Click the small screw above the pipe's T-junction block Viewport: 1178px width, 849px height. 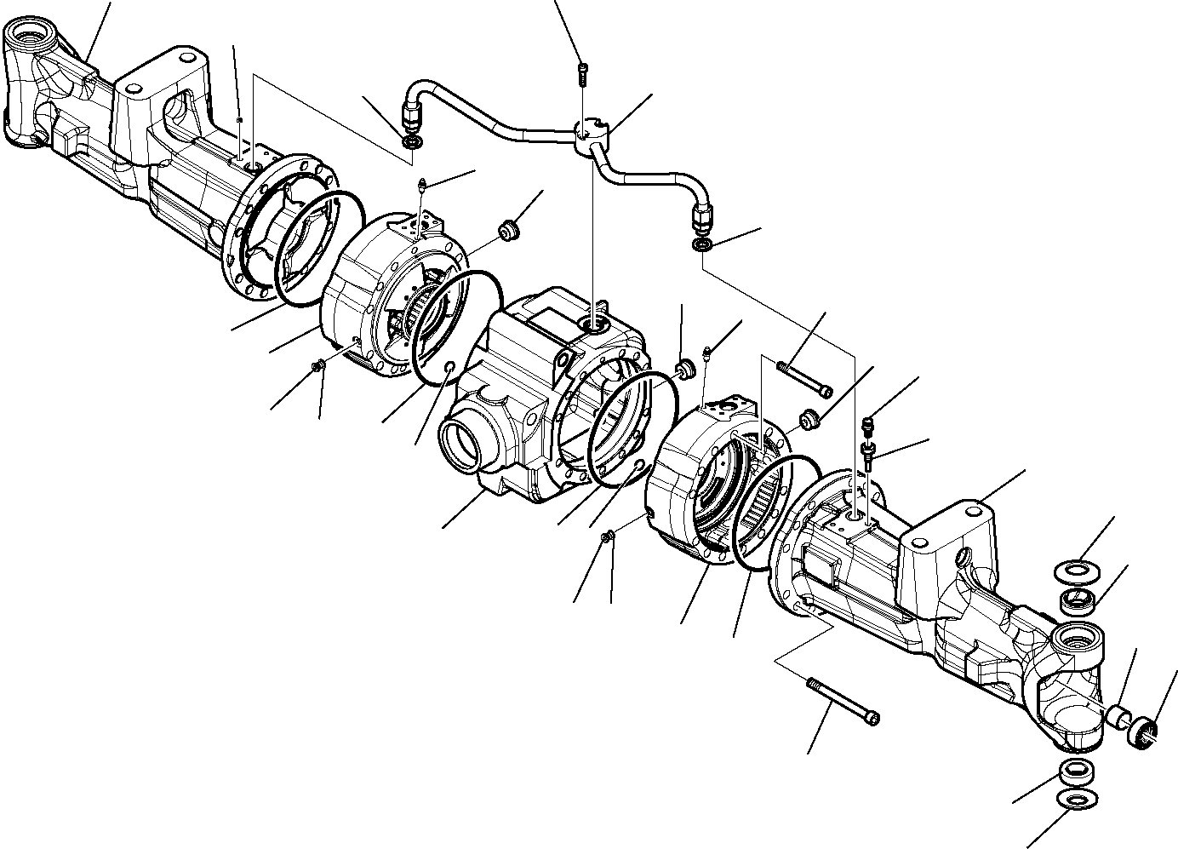pyautogui.click(x=582, y=74)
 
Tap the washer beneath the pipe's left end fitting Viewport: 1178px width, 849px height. pyautogui.click(x=411, y=141)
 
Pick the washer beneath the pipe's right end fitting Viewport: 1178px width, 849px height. pyautogui.click(x=703, y=245)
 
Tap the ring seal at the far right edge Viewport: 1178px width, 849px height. pyautogui.click(x=1146, y=734)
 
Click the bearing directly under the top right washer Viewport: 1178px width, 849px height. pyautogui.click(x=1076, y=599)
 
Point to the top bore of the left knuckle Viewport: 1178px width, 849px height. pyautogui.click(x=29, y=37)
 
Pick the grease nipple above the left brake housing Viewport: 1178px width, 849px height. pyautogui.click(x=423, y=186)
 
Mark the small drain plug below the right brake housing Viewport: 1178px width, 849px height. pyautogui.click(x=606, y=536)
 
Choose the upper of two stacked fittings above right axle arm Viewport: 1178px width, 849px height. pyautogui.click(x=868, y=422)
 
